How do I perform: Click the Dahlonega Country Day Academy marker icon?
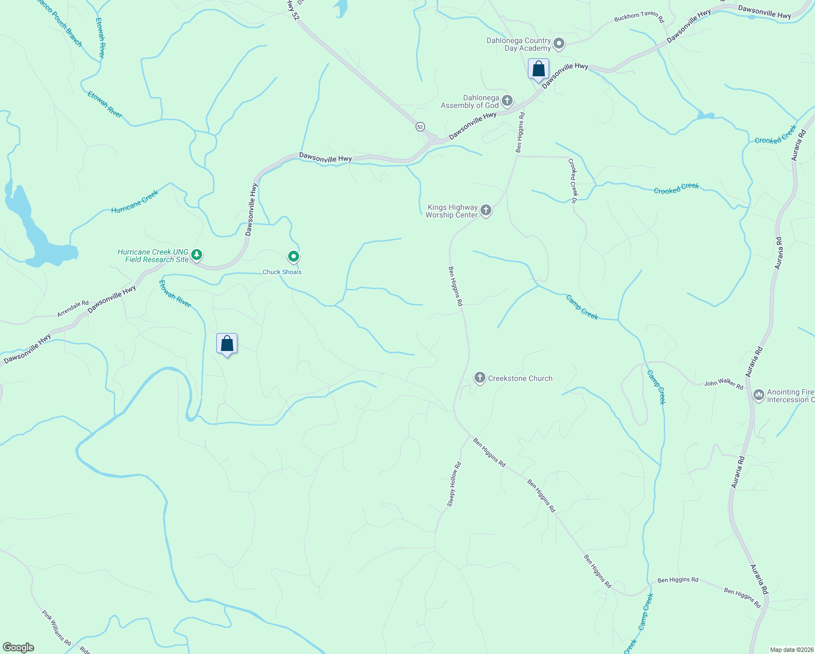click(x=559, y=44)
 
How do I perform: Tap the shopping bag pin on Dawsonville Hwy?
click(x=538, y=70)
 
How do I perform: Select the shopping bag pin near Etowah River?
click(x=227, y=344)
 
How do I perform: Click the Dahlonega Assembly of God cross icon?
click(x=507, y=100)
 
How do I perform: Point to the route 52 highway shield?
click(x=419, y=126)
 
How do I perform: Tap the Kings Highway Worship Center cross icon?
click(x=486, y=210)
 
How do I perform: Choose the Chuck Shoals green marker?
click(x=294, y=256)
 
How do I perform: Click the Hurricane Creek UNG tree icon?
click(x=197, y=255)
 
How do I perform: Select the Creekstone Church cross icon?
click(x=479, y=378)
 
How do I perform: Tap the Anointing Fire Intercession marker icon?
click(x=759, y=395)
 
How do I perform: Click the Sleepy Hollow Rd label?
click(x=454, y=485)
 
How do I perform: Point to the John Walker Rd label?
click(x=723, y=384)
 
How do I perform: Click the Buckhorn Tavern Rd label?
click(x=639, y=18)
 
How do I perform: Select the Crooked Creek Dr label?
click(x=573, y=181)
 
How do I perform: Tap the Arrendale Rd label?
click(x=73, y=309)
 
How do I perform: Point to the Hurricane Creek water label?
click(x=135, y=202)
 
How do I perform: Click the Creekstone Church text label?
click(x=520, y=378)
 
